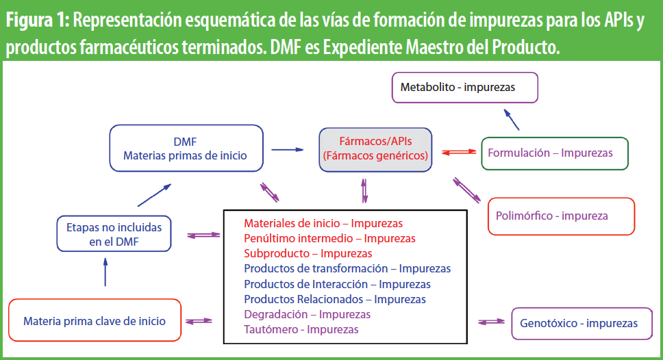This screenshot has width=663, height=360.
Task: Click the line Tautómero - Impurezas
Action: pyautogui.click(x=301, y=330)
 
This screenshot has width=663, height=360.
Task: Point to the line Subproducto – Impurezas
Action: pyautogui.click(x=308, y=253)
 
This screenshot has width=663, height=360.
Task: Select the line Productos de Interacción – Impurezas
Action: pyautogui.click(x=337, y=284)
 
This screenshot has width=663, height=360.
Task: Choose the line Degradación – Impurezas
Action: pyautogui.click(x=307, y=314)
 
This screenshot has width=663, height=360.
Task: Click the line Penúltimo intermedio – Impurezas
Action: pyautogui.click(x=329, y=238)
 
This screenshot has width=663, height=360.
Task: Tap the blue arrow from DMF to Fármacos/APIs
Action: pyautogui.click(x=288, y=150)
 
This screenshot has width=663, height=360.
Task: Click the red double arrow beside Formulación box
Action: pyautogui.click(x=459, y=152)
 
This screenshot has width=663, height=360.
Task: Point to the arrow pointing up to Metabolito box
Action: pyautogui.click(x=511, y=119)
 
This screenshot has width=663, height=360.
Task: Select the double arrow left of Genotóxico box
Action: pyautogui.click(x=491, y=322)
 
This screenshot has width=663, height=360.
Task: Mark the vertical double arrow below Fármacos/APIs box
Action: pyautogui.click(x=364, y=190)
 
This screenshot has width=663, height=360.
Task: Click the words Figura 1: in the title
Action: pyautogui.click(x=37, y=21)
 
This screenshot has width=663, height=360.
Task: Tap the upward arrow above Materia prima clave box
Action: pyautogui.click(x=105, y=272)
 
